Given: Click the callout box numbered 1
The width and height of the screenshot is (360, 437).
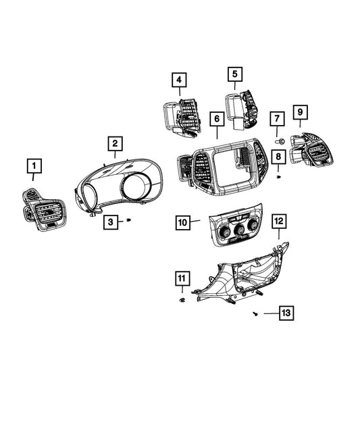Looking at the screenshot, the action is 34,166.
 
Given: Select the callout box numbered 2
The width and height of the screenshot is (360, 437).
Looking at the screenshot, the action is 115,144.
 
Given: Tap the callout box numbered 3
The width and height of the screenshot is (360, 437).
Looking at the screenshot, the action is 111,222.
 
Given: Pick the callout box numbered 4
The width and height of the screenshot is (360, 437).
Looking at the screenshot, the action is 179,80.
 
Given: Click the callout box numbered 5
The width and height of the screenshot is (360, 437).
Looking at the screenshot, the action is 235,74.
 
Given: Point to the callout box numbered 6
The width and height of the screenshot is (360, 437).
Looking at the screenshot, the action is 217,119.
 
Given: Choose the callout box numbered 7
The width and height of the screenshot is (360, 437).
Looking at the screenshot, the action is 277,119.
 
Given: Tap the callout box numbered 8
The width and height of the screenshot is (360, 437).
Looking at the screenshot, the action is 278,156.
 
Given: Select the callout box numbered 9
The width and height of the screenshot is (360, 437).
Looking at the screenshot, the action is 300,112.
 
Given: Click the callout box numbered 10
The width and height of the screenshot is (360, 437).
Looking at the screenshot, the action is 183,223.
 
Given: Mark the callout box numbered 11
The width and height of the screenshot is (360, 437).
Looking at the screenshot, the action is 182,278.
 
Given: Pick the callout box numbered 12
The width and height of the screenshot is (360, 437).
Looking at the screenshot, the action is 279,222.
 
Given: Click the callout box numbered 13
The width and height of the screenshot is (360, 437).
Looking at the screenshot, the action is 286,313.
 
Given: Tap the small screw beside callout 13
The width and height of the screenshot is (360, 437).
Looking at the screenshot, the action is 255,314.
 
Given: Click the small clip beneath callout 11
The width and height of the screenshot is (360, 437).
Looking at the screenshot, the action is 182,300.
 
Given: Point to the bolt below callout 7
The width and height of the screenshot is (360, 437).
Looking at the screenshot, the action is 280,142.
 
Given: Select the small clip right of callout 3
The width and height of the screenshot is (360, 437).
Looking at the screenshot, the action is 129,220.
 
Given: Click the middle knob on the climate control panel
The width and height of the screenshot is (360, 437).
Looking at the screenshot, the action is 239,230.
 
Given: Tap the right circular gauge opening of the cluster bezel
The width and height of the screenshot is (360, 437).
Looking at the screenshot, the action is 136,185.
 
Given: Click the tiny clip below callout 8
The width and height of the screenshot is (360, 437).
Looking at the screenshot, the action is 279,177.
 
